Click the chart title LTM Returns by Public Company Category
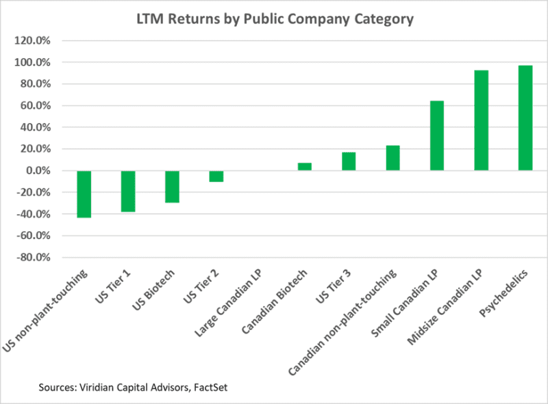(274, 19)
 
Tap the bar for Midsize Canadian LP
(481, 120)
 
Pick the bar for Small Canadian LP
(437, 136)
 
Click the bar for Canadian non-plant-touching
(393, 158)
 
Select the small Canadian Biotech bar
(305, 166)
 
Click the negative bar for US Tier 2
(216, 176)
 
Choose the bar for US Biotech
(172, 186)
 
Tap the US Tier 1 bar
(128, 191)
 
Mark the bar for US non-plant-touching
(84, 194)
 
